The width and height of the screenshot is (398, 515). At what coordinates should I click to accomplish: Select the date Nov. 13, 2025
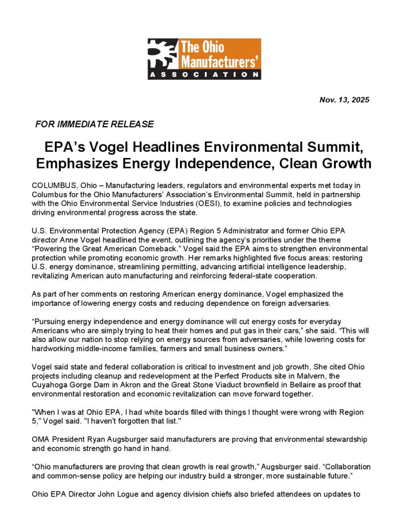coord(344,100)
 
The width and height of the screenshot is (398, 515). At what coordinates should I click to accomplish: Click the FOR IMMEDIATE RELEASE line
coord(94,124)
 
